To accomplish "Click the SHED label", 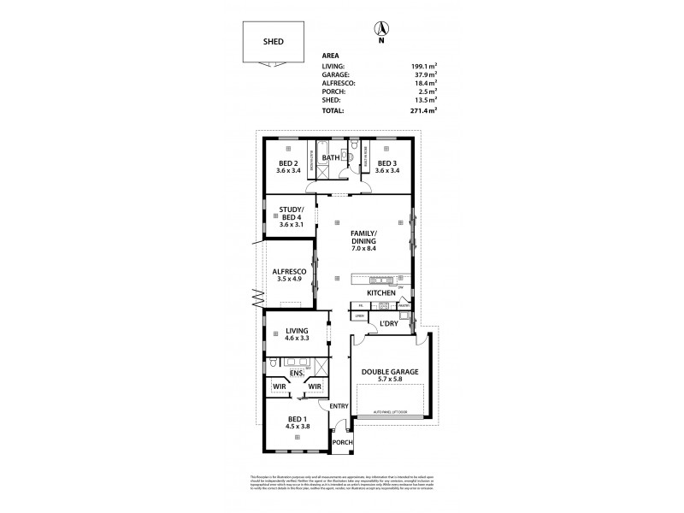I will pos(274,41).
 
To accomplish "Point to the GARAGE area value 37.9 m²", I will pos(426,74).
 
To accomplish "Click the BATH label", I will pos(331,157).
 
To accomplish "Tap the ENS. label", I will pos(298,373).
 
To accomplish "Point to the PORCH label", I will pos(343,442).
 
